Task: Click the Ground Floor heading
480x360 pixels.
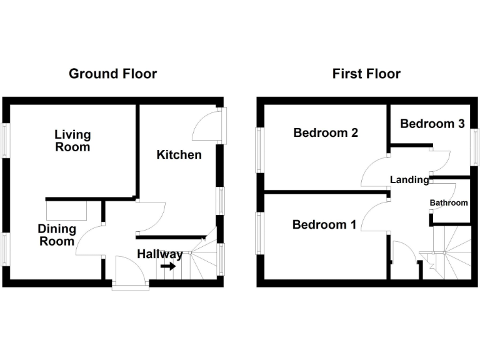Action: pyautogui.click(x=112, y=74)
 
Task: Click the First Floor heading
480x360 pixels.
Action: pyautogui.click(x=366, y=74)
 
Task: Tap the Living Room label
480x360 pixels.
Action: pyautogui.click(x=72, y=141)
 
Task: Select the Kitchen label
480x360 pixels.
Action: pyautogui.click(x=179, y=154)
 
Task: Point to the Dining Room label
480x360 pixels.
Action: pyautogui.click(x=56, y=235)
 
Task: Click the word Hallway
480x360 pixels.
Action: pyautogui.click(x=160, y=254)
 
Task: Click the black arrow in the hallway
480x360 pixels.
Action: pyautogui.click(x=167, y=266)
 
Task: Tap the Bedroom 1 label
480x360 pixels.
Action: pyautogui.click(x=324, y=225)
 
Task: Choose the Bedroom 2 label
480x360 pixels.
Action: pyautogui.click(x=326, y=132)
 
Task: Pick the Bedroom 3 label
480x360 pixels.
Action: pyautogui.click(x=432, y=124)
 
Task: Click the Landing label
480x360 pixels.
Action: pyautogui.click(x=409, y=180)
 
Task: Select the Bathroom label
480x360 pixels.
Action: pyautogui.click(x=449, y=203)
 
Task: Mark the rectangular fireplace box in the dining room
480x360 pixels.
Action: pyautogui.click(x=66, y=207)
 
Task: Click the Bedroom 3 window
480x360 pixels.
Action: pyautogui.click(x=474, y=150)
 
